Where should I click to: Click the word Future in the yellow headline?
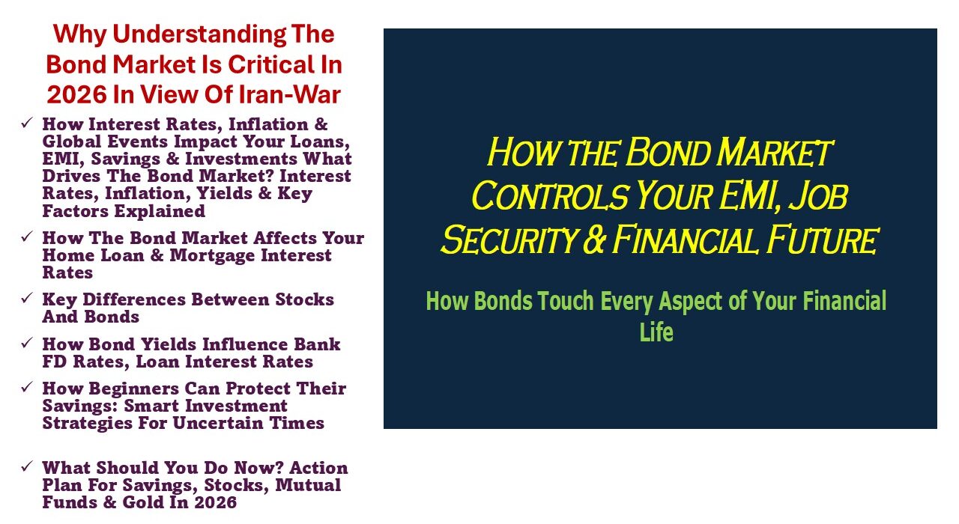point(823,240)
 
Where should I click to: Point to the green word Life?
point(656,332)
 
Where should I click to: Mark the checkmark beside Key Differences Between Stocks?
point(27,298)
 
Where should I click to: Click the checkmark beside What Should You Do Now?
point(27,466)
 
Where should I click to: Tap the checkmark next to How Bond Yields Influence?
point(27,342)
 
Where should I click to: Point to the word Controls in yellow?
point(550,196)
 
